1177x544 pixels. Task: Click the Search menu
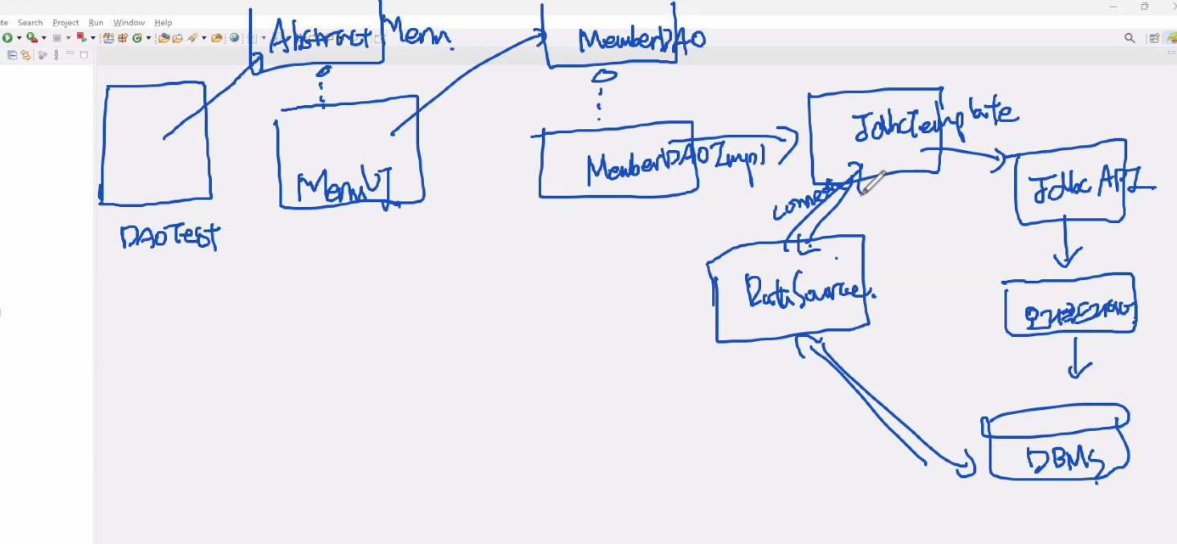pyautogui.click(x=31, y=22)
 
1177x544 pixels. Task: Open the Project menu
pyautogui.click(x=66, y=22)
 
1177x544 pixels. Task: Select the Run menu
pyautogui.click(x=96, y=22)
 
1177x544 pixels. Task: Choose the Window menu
pyautogui.click(x=128, y=22)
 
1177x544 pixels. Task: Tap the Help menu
pyautogui.click(x=163, y=22)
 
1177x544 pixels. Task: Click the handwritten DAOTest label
pyautogui.click(x=169, y=237)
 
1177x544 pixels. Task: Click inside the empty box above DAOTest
pyautogui.click(x=155, y=144)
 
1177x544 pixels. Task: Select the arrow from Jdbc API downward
pyautogui.click(x=1066, y=246)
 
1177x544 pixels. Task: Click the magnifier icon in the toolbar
pyautogui.click(x=1130, y=38)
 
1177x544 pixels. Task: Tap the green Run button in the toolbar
pyautogui.click(x=6, y=38)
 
